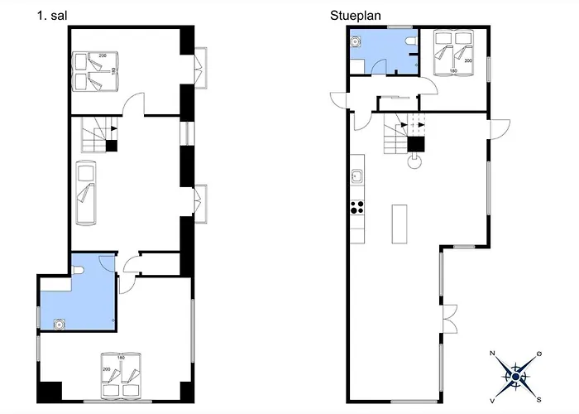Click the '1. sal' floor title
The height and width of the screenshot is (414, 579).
click(x=51, y=16)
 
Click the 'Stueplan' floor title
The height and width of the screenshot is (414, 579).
click(x=355, y=16)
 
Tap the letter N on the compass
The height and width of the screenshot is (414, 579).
click(x=492, y=354)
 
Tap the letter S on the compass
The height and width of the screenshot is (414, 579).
click(x=538, y=400)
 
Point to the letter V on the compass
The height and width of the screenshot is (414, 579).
click(x=492, y=401)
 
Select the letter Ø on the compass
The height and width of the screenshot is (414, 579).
click(x=539, y=354)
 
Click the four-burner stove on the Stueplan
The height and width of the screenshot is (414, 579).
click(x=357, y=207)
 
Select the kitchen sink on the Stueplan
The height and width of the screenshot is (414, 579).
click(x=356, y=176)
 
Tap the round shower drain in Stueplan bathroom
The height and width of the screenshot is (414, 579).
click(x=355, y=42)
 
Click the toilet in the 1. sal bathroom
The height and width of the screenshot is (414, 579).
click(x=78, y=271)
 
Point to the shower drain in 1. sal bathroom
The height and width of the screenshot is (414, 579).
click(x=59, y=325)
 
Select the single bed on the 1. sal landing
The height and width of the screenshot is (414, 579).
click(x=86, y=192)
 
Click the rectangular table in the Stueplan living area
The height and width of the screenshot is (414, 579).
click(x=400, y=224)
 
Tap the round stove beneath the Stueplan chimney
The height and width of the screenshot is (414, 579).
click(x=414, y=161)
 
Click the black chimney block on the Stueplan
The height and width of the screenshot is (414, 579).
click(x=416, y=144)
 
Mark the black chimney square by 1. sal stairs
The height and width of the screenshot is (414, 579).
click(x=112, y=146)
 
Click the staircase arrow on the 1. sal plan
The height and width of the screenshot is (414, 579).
click(x=114, y=128)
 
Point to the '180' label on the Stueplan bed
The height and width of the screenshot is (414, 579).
click(x=453, y=70)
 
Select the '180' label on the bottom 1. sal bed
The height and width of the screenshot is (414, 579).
click(x=121, y=358)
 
